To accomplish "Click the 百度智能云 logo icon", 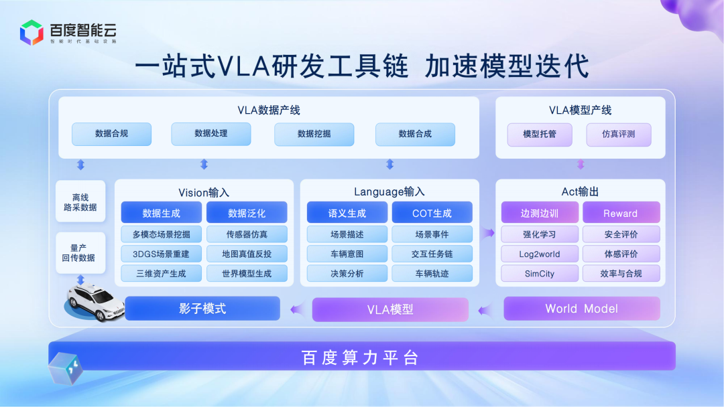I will tap(32, 32).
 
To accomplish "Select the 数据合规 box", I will tap(111, 134).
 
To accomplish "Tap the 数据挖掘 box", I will tap(314, 134).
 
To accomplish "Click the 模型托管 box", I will tap(540, 134).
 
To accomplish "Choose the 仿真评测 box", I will tap(618, 134).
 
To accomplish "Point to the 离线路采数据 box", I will tap(80, 201).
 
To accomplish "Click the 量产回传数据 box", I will tap(80, 252).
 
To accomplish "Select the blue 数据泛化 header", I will tap(247, 213).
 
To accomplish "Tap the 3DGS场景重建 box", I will tap(162, 254).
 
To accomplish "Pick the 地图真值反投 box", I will tap(247, 254).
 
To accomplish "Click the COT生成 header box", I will tap(432, 213).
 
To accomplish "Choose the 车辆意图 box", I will tap(347, 254).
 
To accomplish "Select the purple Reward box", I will tap(621, 213).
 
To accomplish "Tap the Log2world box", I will tap(540, 254).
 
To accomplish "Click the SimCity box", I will tap(540, 273).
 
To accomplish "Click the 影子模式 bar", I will tap(202, 309).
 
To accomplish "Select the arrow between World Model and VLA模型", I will tap(484, 309).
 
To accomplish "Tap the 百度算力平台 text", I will tap(361, 357).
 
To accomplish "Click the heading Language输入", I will tap(389, 192).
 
